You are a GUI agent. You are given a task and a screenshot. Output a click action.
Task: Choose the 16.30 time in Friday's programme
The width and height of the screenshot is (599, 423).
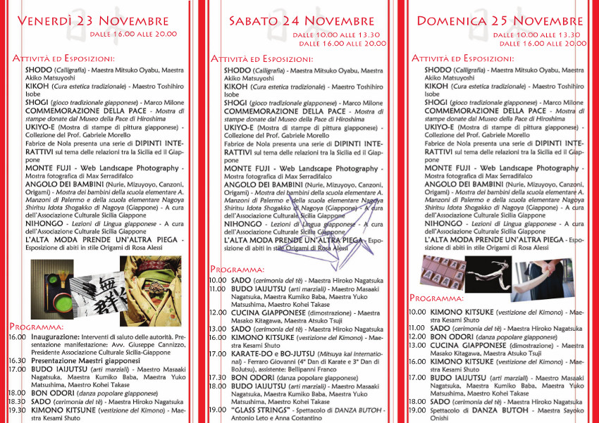coord(17,360)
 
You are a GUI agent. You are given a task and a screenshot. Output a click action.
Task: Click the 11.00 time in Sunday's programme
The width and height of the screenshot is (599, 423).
coord(418,328)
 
